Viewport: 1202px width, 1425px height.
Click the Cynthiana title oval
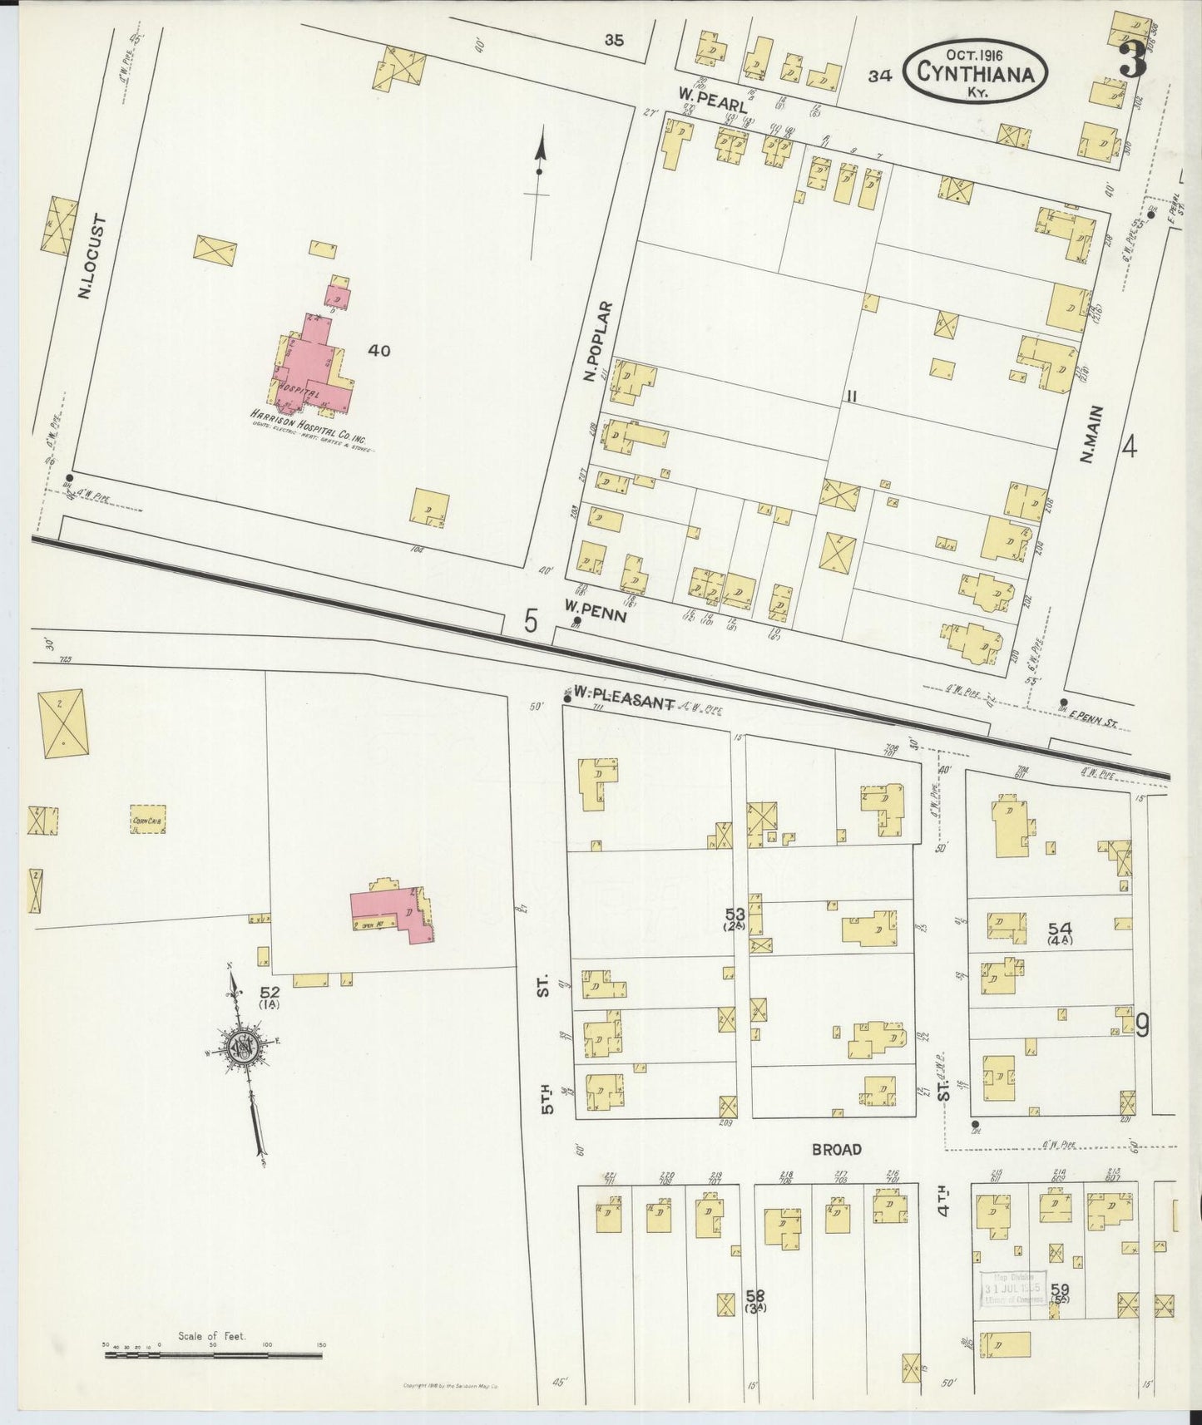(975, 72)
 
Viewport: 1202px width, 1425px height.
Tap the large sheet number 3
(1132, 59)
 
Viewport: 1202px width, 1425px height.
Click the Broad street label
(837, 1149)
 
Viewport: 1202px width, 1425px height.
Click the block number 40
(378, 351)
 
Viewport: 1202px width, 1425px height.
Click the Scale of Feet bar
(213, 1356)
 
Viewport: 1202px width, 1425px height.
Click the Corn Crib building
(149, 820)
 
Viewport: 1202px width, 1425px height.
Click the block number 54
(1060, 929)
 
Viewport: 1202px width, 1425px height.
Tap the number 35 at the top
(614, 39)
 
